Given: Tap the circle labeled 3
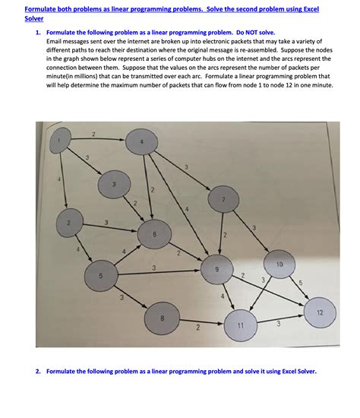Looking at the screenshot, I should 114,184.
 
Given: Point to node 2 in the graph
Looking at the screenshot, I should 68,223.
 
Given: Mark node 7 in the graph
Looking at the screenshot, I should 222,199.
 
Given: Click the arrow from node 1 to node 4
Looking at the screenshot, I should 99,140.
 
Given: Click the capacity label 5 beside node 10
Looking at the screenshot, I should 302,284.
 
